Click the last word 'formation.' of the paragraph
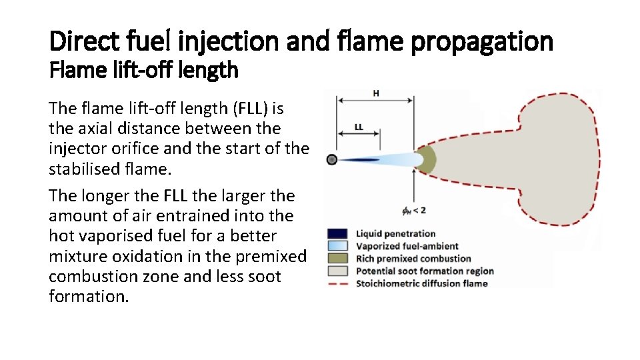[89, 296]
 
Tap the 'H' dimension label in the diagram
[376, 94]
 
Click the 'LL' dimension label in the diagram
[359, 127]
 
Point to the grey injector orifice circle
[332, 159]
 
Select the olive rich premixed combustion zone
[427, 160]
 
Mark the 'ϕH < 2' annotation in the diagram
[413, 211]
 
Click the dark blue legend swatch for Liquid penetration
[337, 233]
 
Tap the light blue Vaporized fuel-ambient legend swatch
[337, 246]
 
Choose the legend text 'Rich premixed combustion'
[413, 259]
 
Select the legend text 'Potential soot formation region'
[425, 271]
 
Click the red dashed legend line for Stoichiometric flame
[337, 284]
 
